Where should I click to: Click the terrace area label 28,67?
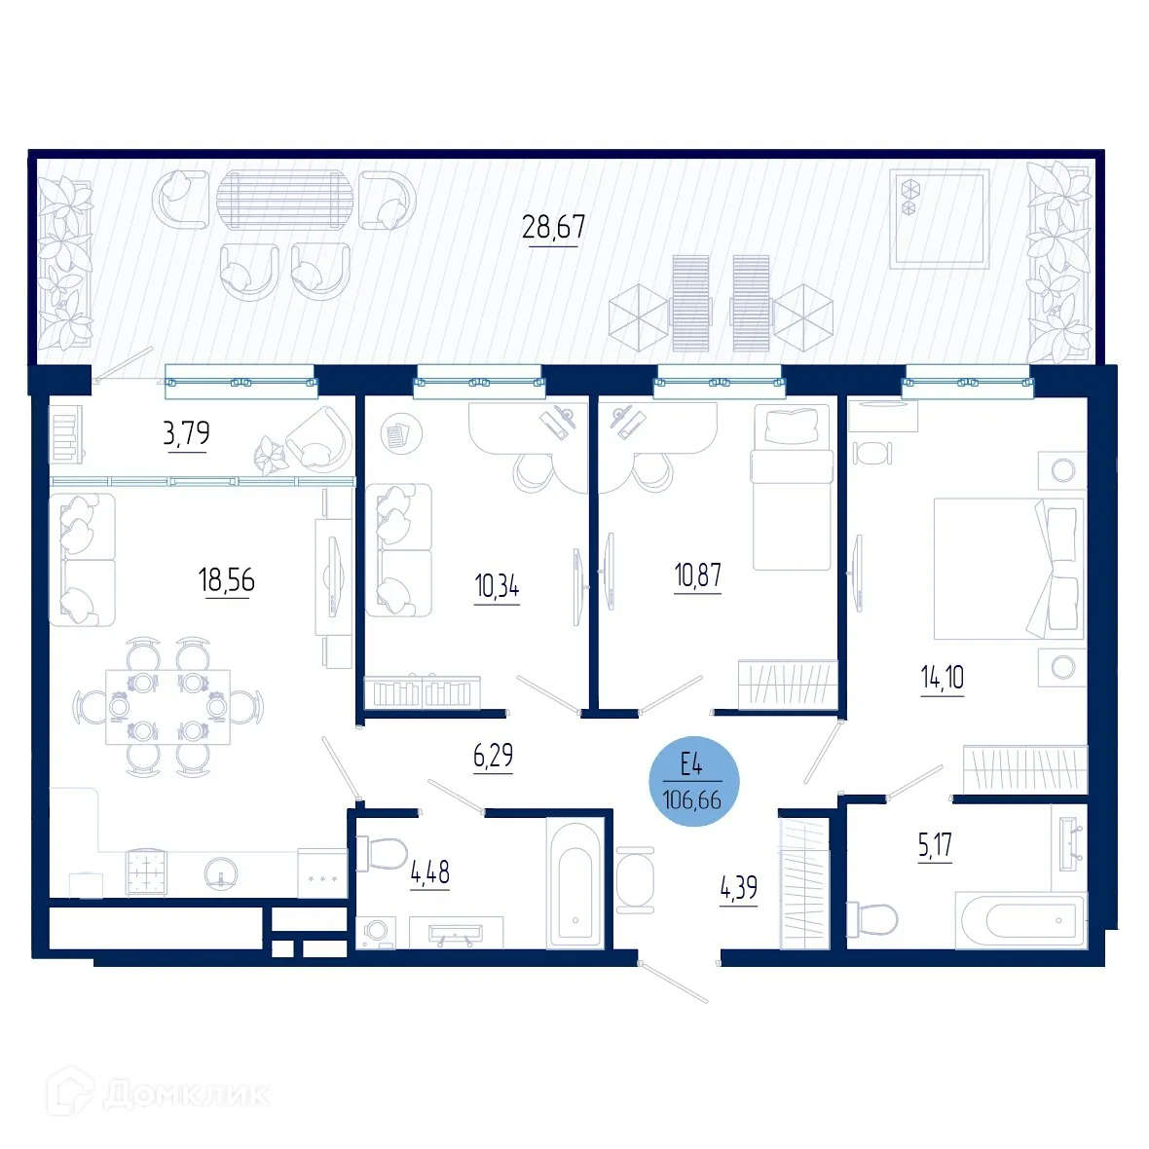point(553,227)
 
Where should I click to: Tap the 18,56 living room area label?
point(226,580)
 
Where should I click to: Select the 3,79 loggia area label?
point(186,432)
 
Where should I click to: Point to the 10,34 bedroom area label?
point(497,586)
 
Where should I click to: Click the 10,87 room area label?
point(698,575)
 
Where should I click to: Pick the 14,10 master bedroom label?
point(943,677)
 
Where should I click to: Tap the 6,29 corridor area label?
point(493,756)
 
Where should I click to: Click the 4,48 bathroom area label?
point(429,871)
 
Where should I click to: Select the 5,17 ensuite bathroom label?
point(935,845)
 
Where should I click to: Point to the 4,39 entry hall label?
point(738,888)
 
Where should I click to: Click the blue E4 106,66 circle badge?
point(693,781)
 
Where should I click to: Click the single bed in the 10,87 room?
point(792,487)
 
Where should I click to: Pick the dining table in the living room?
point(167,706)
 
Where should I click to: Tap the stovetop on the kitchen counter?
point(146,872)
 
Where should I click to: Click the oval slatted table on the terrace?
point(281,200)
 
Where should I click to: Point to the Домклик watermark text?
point(185,1093)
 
